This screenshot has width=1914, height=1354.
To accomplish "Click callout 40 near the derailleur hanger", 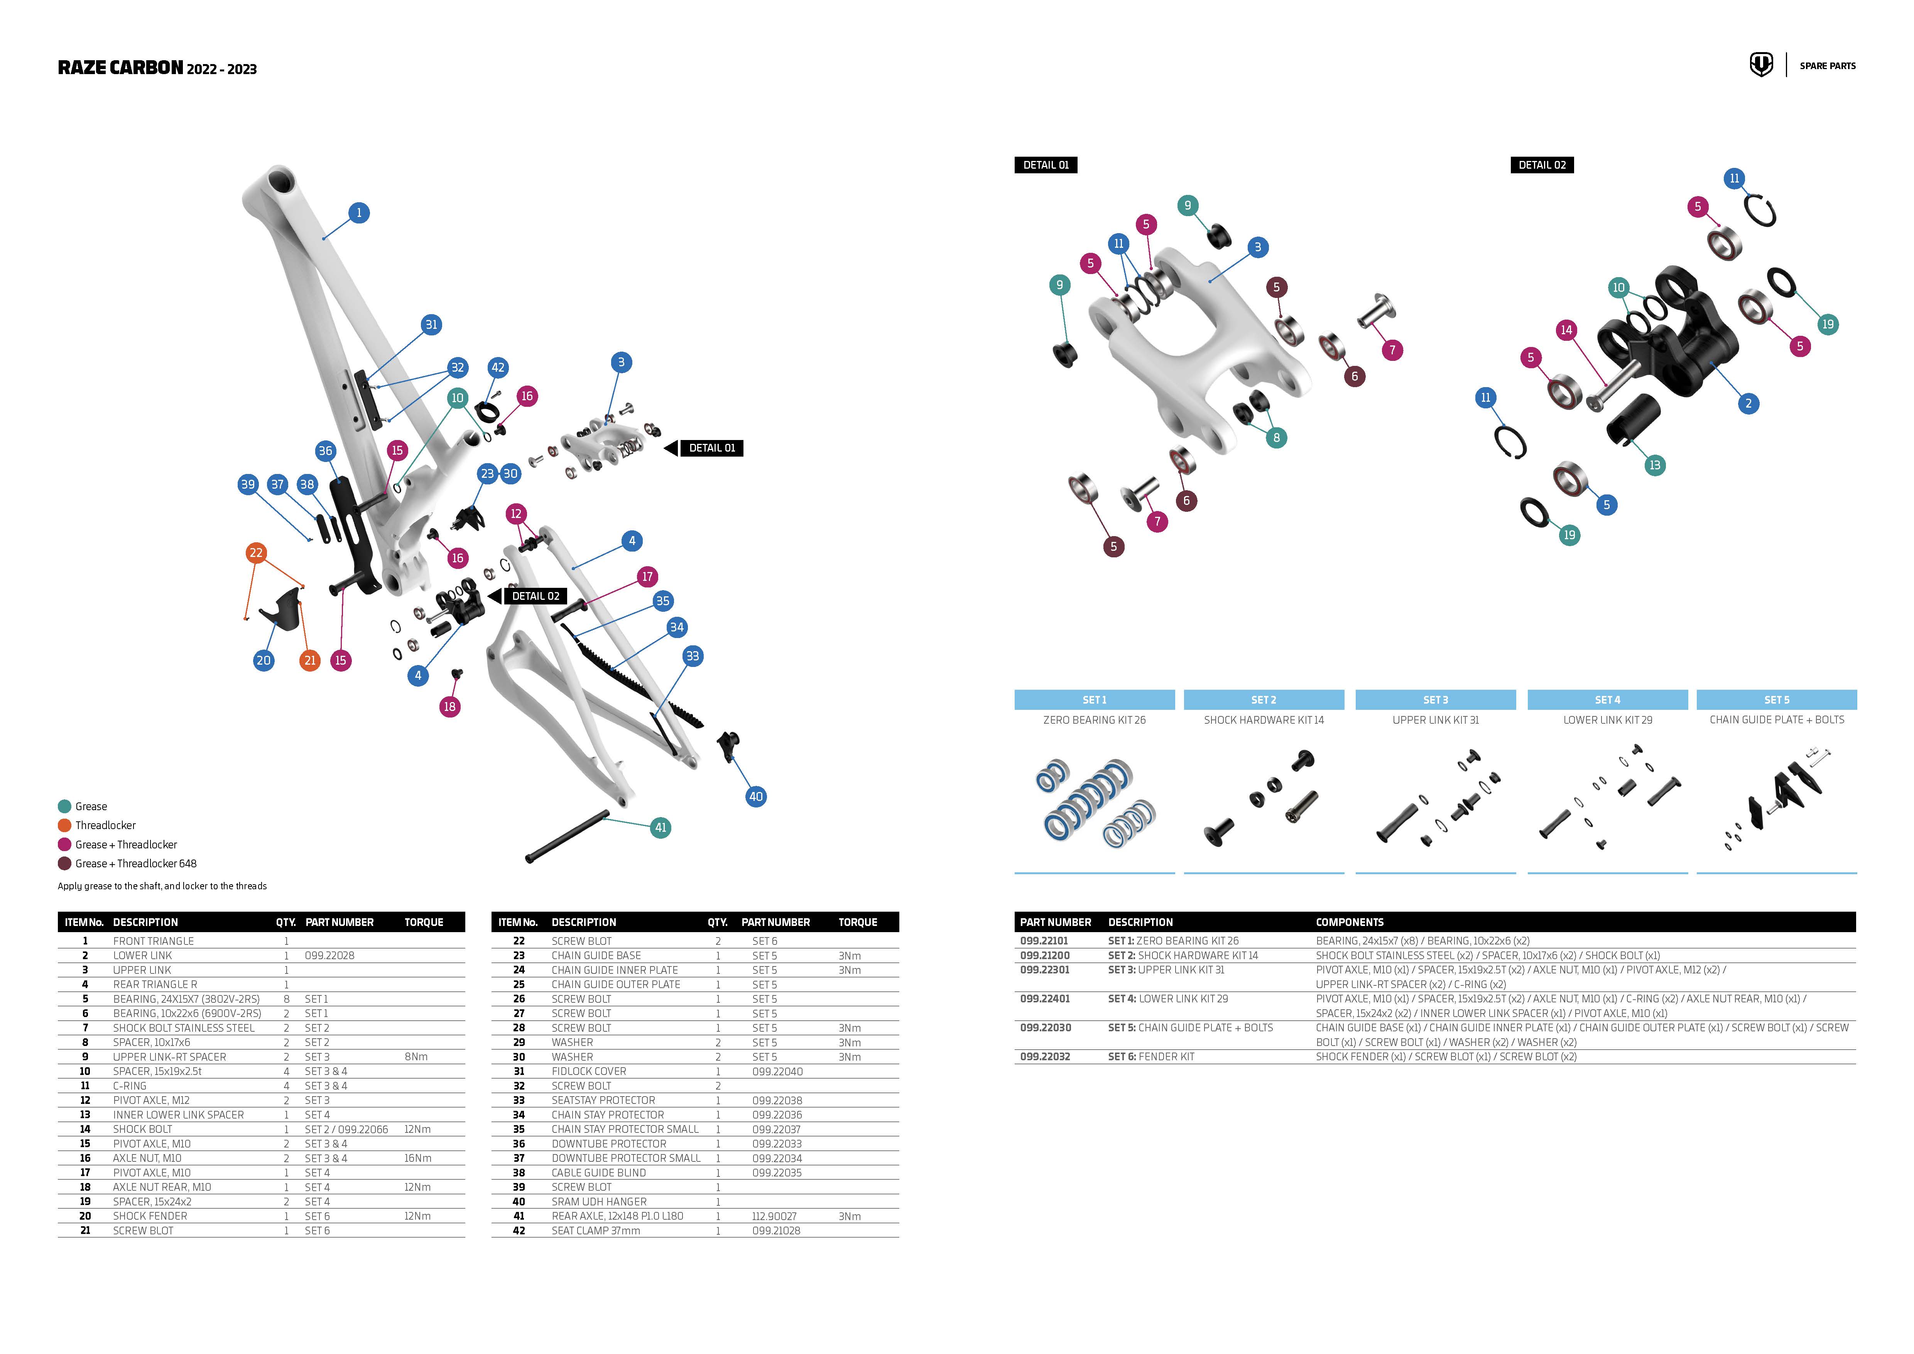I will click(x=755, y=796).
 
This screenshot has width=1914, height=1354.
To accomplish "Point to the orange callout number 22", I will click(x=256, y=553).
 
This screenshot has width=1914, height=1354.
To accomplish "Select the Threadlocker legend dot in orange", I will click(x=64, y=825).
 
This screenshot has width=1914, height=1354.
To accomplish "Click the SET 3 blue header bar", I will click(x=1435, y=699).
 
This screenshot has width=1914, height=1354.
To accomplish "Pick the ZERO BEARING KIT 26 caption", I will click(x=1094, y=719).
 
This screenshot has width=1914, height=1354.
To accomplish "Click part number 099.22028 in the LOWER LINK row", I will click(x=329, y=955).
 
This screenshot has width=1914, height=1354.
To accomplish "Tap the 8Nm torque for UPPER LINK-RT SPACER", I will click(x=416, y=1056).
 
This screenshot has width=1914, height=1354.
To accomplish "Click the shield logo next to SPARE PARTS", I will click(x=1760, y=65).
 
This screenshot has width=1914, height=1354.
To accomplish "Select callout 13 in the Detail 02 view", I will click(x=1655, y=465).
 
